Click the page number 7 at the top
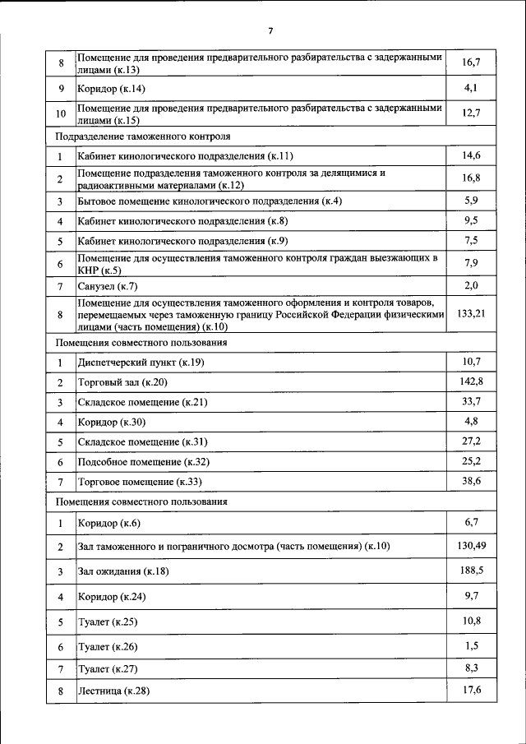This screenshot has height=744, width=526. point(270,31)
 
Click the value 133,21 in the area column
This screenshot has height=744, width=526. point(471,313)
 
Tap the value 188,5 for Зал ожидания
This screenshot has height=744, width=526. point(471,569)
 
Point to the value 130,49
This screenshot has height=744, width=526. point(471,544)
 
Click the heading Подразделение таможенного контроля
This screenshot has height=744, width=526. point(142,135)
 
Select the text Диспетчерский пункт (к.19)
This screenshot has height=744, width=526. point(141,363)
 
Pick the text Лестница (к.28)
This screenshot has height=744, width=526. point(113,691)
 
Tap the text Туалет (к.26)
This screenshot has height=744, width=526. point(108,647)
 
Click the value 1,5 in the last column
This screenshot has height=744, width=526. point(471,645)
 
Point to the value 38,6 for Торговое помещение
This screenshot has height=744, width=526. point(471,479)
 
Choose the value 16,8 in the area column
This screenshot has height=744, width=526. point(471,177)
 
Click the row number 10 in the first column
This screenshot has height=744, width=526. point(60,113)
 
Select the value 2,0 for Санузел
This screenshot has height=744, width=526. point(471,284)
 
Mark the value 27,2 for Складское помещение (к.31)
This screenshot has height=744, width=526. point(471,441)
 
